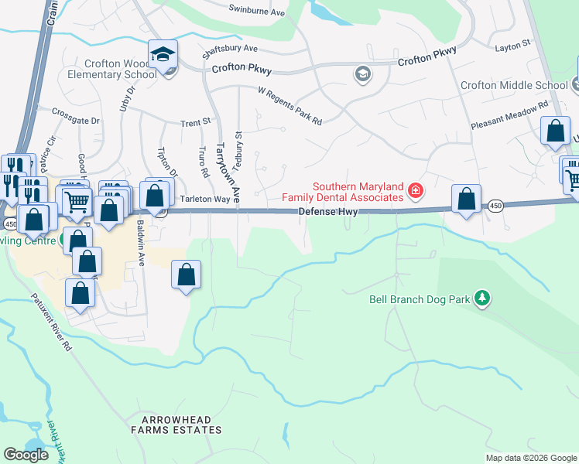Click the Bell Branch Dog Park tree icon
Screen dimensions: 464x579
click(x=482, y=298)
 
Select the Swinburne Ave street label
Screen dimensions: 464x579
click(x=258, y=9)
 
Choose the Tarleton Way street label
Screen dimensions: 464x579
click(x=205, y=199)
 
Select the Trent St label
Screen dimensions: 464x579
click(x=195, y=122)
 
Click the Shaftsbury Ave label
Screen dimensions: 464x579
click(x=229, y=52)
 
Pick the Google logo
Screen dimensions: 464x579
click(x=26, y=455)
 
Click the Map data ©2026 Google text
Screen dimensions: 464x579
click(x=530, y=458)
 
